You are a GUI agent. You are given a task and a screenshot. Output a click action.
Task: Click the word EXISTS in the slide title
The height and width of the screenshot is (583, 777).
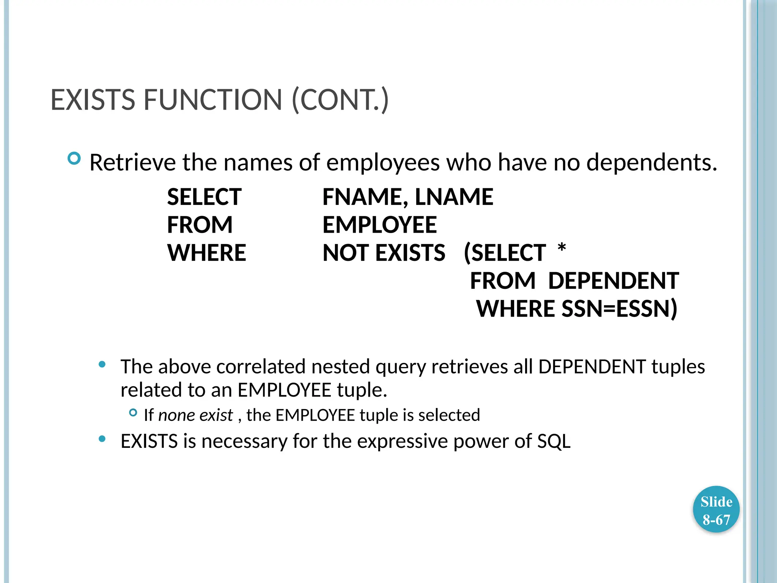coord(93,100)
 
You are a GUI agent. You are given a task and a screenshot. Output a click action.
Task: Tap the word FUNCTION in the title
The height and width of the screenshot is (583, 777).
coord(212,100)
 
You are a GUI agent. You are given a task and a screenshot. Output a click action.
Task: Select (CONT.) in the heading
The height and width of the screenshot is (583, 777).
coord(340,100)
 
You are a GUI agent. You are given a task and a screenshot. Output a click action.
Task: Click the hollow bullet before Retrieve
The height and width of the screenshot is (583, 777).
coord(74,158)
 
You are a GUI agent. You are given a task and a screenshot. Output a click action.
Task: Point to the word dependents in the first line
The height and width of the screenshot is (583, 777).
coord(651,162)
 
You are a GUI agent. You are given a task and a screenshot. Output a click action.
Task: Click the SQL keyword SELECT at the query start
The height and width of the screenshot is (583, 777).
coord(204,197)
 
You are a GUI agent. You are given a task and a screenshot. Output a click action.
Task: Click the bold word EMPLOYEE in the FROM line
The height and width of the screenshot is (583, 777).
coord(379,225)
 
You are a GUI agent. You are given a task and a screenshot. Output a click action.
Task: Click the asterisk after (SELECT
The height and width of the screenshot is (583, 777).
coord(562,249)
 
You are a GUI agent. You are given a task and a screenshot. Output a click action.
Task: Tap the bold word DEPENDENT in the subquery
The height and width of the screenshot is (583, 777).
coord(613,281)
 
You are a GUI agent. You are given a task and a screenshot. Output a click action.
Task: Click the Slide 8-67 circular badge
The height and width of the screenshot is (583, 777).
coord(716,510)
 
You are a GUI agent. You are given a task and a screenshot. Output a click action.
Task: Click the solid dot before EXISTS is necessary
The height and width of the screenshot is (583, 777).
coord(102,439)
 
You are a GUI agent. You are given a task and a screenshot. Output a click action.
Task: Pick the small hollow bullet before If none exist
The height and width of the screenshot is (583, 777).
coord(133,413)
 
